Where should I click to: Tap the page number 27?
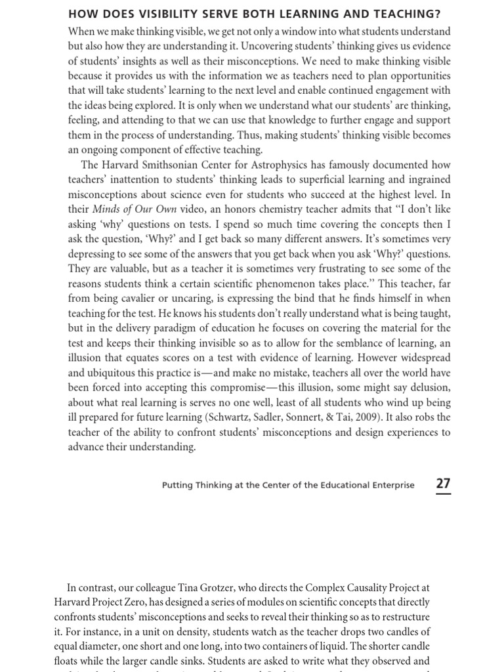tap(444, 484)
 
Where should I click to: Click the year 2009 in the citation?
tap(355, 417)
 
